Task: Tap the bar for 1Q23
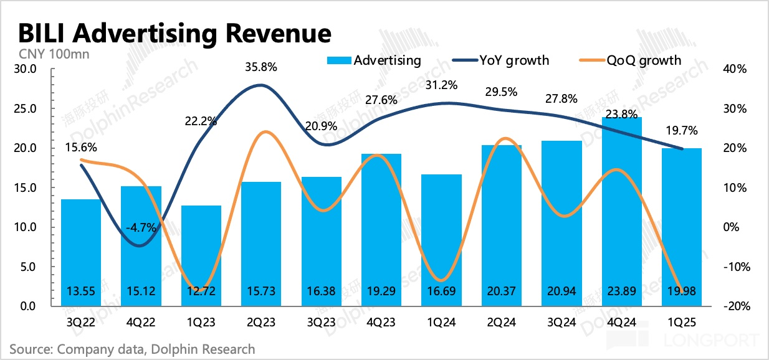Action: tap(201, 255)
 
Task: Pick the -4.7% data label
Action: tap(141, 228)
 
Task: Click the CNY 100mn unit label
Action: tap(55, 54)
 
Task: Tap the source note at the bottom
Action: tap(132, 349)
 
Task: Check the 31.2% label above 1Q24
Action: tap(442, 85)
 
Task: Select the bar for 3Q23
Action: tap(322, 243)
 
